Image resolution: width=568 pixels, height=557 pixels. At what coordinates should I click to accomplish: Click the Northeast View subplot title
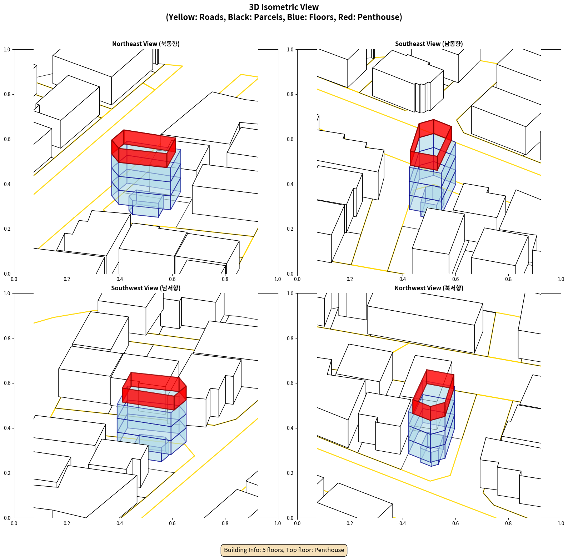(x=146, y=44)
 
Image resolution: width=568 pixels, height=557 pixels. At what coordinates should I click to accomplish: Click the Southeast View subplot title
(x=429, y=44)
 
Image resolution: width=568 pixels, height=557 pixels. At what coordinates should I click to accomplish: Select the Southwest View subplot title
(x=146, y=288)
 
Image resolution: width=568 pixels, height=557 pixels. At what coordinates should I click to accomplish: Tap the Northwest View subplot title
(x=429, y=288)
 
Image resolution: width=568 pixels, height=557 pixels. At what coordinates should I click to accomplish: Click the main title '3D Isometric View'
(x=284, y=7)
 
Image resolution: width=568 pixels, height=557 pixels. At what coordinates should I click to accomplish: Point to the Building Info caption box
(x=284, y=550)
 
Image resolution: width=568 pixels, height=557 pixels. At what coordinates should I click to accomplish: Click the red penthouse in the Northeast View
(x=144, y=149)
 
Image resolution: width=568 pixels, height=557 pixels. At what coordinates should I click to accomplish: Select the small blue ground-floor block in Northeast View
(x=146, y=204)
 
